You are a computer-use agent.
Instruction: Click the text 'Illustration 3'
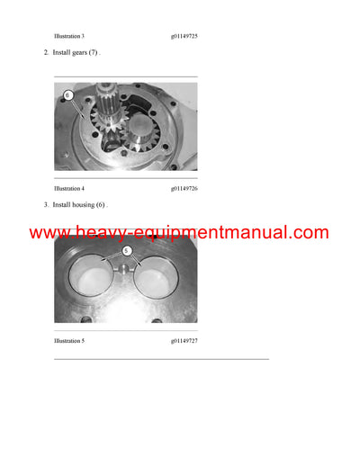(x=69, y=36)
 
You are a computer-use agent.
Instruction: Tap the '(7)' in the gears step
(x=101, y=53)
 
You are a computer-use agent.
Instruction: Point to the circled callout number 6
(x=67, y=94)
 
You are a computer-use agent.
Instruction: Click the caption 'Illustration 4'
(x=69, y=189)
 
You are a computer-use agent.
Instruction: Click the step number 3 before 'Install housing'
(x=46, y=206)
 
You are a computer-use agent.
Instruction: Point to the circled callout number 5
(x=127, y=250)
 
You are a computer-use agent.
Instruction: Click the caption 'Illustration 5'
(x=69, y=342)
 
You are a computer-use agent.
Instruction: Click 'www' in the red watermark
(x=50, y=233)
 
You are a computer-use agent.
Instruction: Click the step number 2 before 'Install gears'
(x=46, y=53)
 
